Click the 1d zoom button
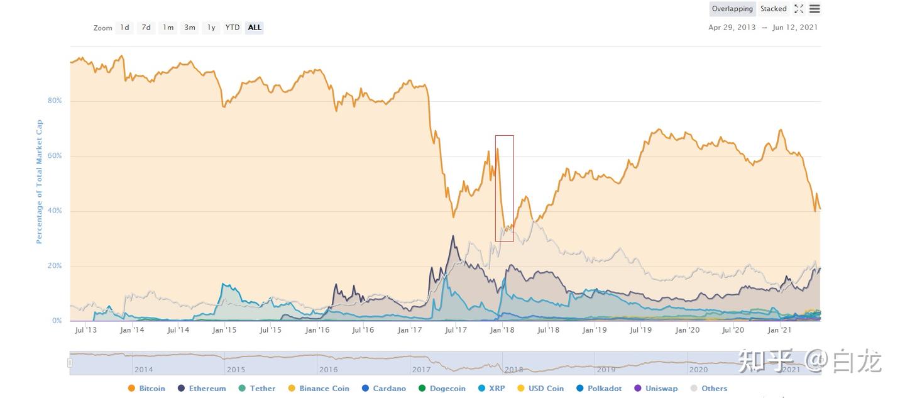point(124,28)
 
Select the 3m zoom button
point(189,28)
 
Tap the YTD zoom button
point(233,28)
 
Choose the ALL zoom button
point(255,28)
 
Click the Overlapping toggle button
point(732,9)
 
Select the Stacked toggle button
point(773,9)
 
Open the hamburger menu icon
point(814,9)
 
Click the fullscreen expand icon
point(799,9)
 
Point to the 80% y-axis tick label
point(55,101)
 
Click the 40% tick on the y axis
point(55,211)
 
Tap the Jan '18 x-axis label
point(502,330)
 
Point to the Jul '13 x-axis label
point(86,330)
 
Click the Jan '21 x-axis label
point(779,330)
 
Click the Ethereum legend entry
point(202,389)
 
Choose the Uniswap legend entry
point(656,389)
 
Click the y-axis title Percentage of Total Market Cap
point(39,182)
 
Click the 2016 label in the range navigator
point(328,370)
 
